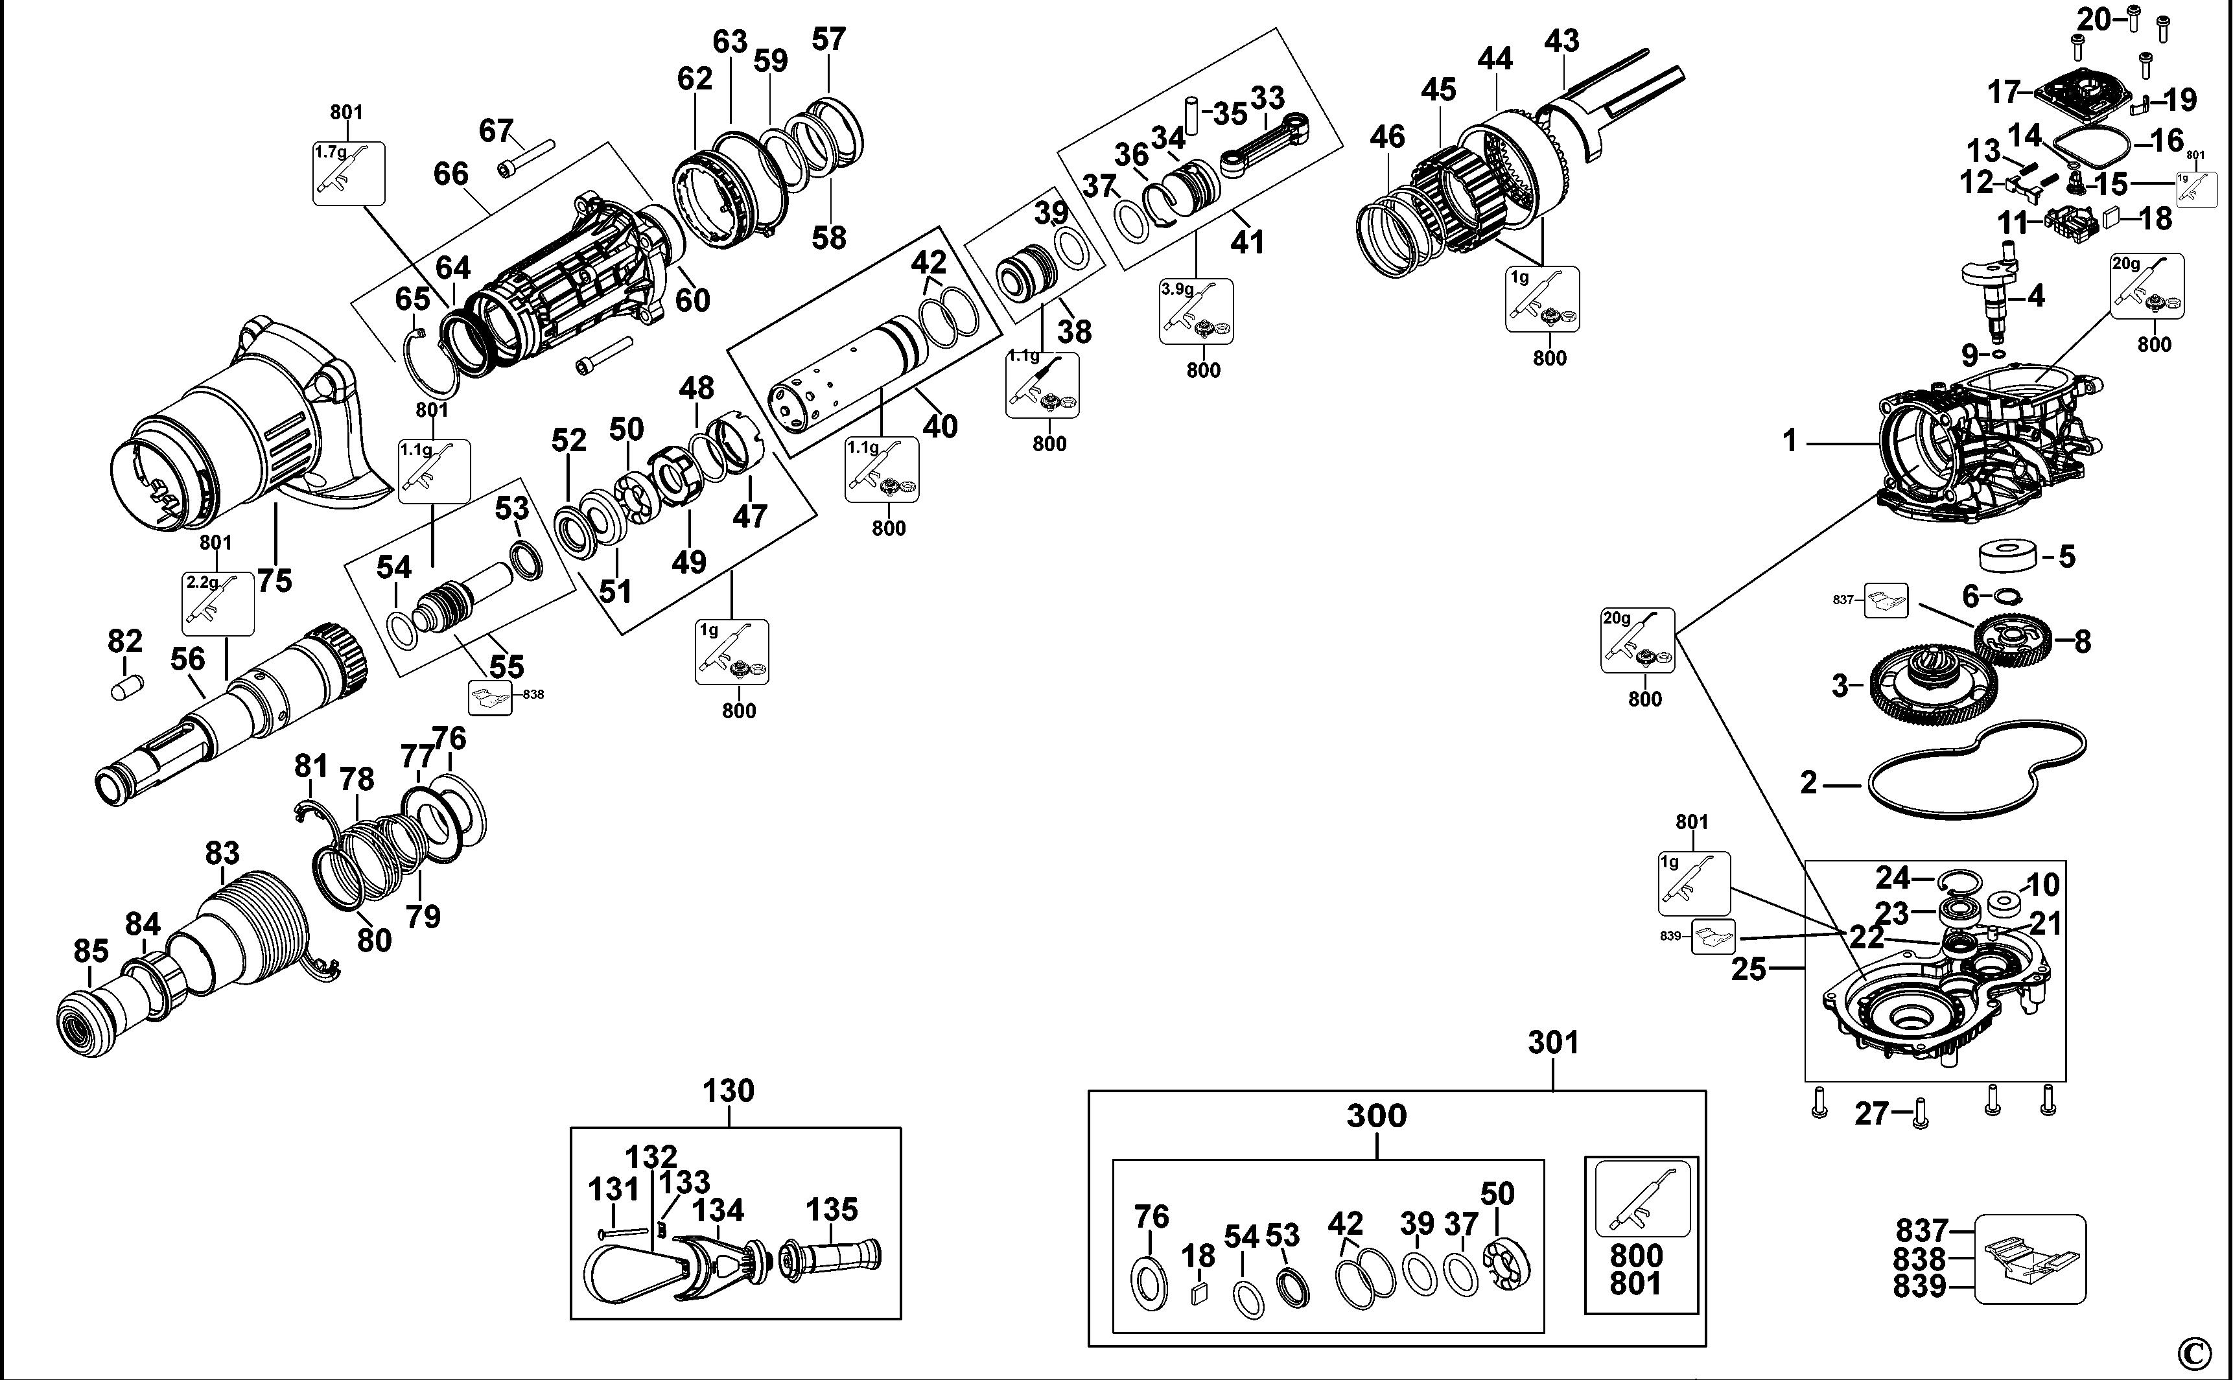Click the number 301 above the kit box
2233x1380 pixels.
point(1552,1042)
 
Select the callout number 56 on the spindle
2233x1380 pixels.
point(187,659)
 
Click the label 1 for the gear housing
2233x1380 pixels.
point(1790,442)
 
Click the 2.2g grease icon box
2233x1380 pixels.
point(218,603)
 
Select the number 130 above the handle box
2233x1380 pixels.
point(728,1091)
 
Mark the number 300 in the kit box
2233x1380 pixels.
point(1376,1116)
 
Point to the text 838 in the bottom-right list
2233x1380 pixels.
point(1920,1259)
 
